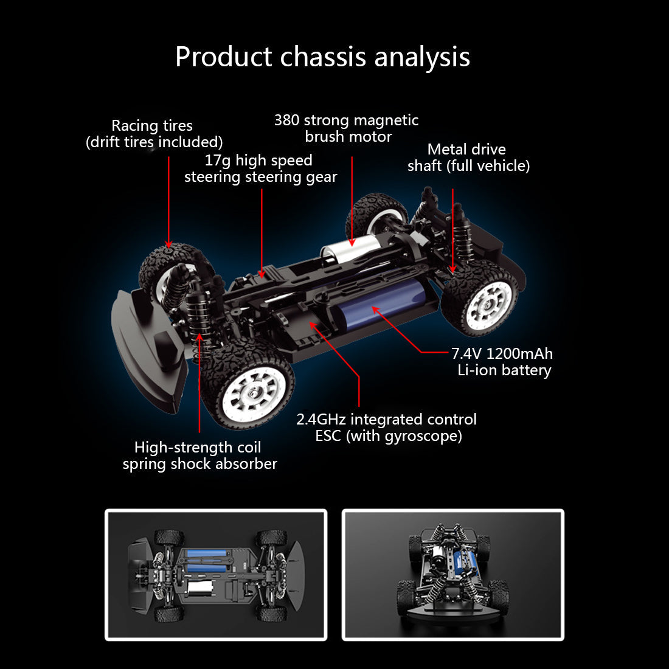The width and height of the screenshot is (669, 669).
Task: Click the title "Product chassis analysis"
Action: coord(322,57)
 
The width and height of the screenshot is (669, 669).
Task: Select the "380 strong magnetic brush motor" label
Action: coord(347,128)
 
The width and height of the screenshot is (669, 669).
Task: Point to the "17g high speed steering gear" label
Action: coord(260,168)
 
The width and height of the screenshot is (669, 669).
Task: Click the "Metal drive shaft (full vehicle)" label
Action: coord(468,158)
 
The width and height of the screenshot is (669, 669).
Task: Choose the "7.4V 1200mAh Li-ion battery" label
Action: coord(503,362)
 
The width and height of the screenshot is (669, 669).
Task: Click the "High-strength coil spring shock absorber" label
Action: coord(199,456)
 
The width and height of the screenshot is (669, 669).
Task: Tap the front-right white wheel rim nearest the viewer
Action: coord(254,390)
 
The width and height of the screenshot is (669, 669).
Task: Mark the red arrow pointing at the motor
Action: coord(352,201)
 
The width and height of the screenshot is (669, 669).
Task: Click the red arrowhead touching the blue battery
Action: coord(376,310)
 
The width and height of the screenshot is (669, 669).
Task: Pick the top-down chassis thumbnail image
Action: coord(216,575)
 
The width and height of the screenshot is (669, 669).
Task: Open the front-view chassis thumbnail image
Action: coord(452,575)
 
